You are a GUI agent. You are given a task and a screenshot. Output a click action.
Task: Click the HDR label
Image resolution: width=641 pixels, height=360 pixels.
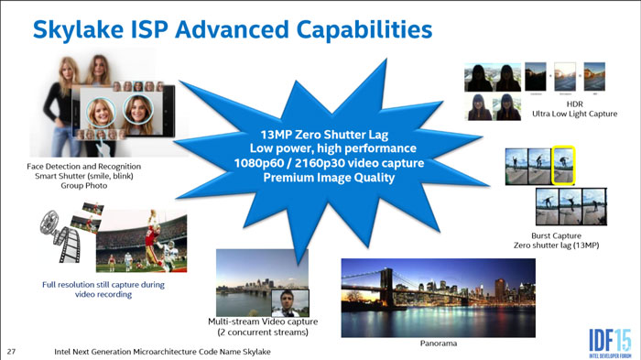point(574,104)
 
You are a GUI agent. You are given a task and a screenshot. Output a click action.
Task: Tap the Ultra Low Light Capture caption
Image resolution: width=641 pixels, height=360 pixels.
point(574,115)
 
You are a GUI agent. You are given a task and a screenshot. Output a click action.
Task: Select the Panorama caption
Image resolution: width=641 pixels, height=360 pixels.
point(439,344)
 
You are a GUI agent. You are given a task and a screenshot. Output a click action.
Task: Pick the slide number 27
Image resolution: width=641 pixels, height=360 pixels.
point(12,351)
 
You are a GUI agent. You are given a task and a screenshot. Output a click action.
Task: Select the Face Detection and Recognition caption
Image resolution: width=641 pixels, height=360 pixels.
point(84,166)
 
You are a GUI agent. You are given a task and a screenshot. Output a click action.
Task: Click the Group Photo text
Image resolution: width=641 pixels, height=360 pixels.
point(84,186)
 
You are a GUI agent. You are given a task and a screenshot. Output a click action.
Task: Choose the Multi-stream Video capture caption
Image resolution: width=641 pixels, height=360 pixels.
point(263,322)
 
